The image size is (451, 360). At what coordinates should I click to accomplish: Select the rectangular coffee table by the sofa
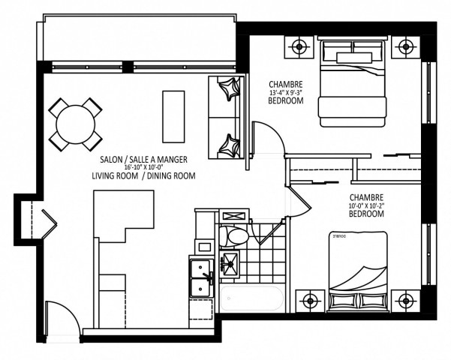point(173,116)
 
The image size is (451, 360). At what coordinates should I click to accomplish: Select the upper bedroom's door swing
point(266,138)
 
